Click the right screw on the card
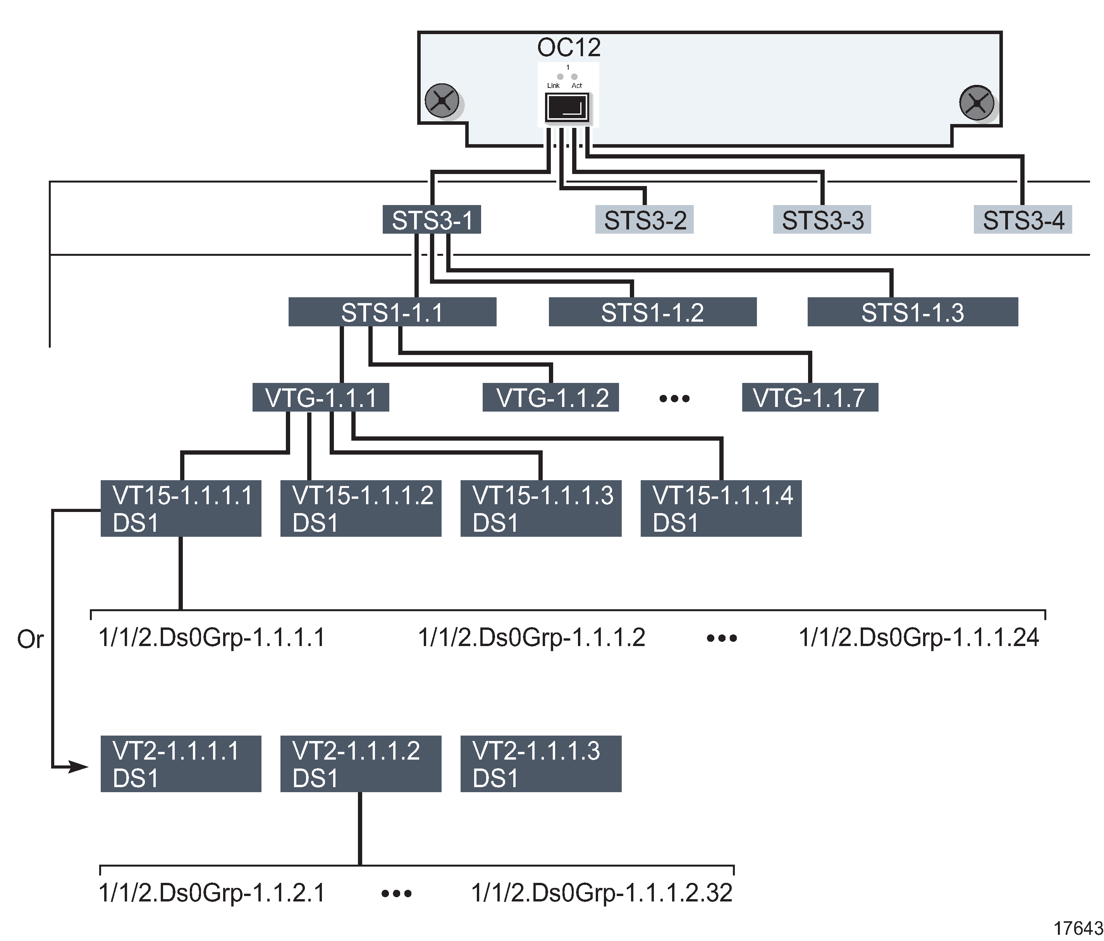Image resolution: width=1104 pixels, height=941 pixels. (x=976, y=102)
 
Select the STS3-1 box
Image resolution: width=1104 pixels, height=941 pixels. (x=432, y=220)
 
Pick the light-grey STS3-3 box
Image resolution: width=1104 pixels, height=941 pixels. (x=822, y=220)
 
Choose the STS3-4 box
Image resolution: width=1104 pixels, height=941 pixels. (x=1023, y=220)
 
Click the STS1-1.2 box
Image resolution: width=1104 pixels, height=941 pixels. (x=652, y=312)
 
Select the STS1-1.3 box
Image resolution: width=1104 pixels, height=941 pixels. (x=912, y=312)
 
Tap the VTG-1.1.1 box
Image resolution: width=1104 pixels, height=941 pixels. (x=320, y=398)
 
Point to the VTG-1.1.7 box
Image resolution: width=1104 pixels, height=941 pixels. (x=809, y=398)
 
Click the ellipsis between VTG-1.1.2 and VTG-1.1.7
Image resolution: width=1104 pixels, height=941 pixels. (x=674, y=398)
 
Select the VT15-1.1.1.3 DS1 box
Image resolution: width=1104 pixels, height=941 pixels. (x=541, y=508)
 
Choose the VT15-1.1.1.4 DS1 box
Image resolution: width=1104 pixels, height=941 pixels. (x=721, y=508)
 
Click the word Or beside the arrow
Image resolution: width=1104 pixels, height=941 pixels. (x=30, y=639)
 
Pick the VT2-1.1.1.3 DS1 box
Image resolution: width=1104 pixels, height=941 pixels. (x=541, y=764)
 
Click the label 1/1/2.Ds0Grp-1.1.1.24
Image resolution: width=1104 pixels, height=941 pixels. (x=918, y=638)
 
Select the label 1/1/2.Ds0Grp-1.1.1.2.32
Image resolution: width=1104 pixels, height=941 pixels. (x=602, y=893)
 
